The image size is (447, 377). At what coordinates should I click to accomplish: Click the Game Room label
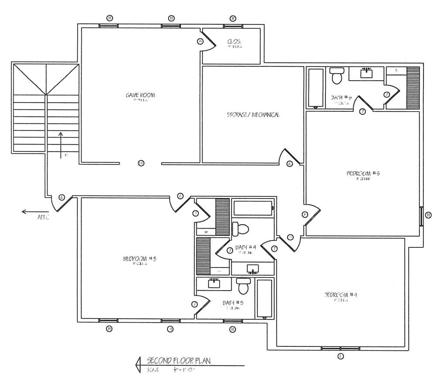[x=141, y=95]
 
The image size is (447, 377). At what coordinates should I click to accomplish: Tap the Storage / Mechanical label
[x=253, y=115]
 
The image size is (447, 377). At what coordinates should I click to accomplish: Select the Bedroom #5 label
[x=363, y=173]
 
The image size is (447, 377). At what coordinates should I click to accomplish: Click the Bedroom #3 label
[x=140, y=259]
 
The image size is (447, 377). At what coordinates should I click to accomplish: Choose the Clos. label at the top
[x=234, y=42]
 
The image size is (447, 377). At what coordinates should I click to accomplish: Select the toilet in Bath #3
[x=243, y=286]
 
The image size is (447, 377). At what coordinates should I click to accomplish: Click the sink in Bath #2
[x=366, y=72]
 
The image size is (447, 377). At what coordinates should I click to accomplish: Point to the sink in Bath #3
[x=214, y=283]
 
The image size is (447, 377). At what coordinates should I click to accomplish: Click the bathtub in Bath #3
[x=264, y=298]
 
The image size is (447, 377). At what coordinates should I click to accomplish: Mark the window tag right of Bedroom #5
[x=429, y=215]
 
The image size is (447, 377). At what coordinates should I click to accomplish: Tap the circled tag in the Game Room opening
[x=141, y=163]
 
